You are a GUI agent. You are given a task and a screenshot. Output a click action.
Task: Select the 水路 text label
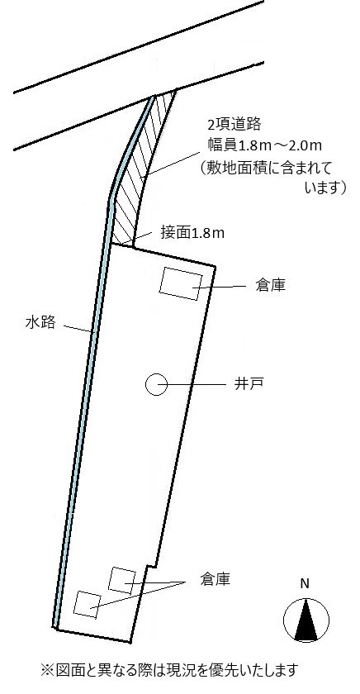point(40,323)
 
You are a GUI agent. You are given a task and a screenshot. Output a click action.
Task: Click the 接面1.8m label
point(192,233)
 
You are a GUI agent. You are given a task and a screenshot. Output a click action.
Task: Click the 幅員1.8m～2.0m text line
point(265,145)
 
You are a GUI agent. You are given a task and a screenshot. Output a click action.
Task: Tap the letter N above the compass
point(305,584)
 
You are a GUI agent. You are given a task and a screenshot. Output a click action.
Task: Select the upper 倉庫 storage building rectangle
point(181,283)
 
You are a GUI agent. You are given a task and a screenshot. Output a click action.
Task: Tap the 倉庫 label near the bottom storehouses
point(215,579)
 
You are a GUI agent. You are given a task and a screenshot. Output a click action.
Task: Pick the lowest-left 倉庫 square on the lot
point(88,604)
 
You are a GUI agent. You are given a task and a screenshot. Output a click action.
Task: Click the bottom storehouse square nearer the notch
point(122,580)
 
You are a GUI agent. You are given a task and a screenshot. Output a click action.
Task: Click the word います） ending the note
point(325,188)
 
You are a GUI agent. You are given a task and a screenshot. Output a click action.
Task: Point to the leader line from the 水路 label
point(78,329)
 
